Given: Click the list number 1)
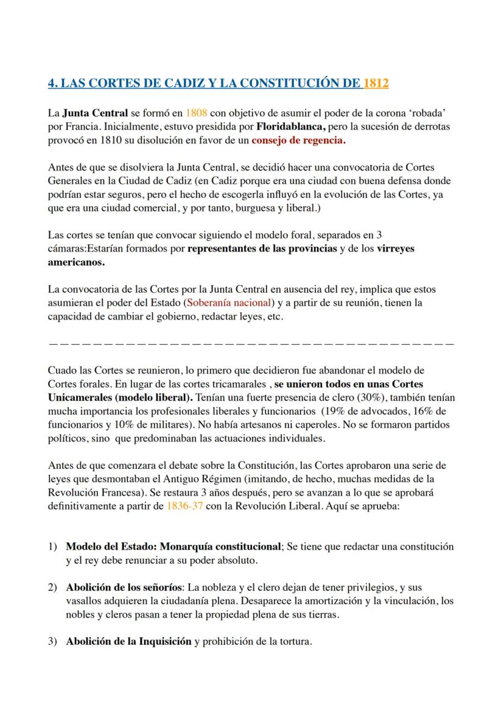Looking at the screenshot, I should point(53,546).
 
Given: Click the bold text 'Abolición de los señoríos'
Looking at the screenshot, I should point(124,588).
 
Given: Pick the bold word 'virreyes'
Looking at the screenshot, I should point(396,250).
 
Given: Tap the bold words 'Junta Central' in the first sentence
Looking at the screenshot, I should point(95,113).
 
